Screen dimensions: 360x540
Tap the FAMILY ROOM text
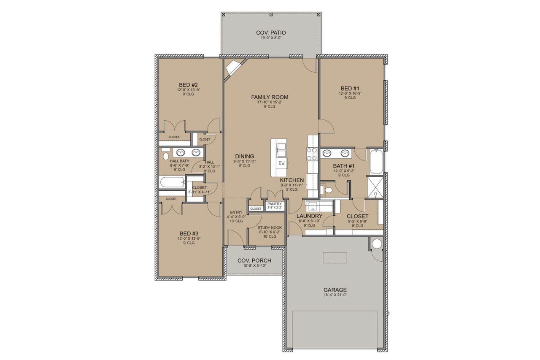tap(270, 97)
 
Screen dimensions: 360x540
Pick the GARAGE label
tap(335, 290)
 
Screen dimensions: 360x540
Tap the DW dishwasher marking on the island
tap(281, 163)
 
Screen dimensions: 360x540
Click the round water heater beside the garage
tap(376, 244)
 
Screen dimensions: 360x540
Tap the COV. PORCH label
tap(254, 260)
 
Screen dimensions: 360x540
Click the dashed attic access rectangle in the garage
tap(335, 257)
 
